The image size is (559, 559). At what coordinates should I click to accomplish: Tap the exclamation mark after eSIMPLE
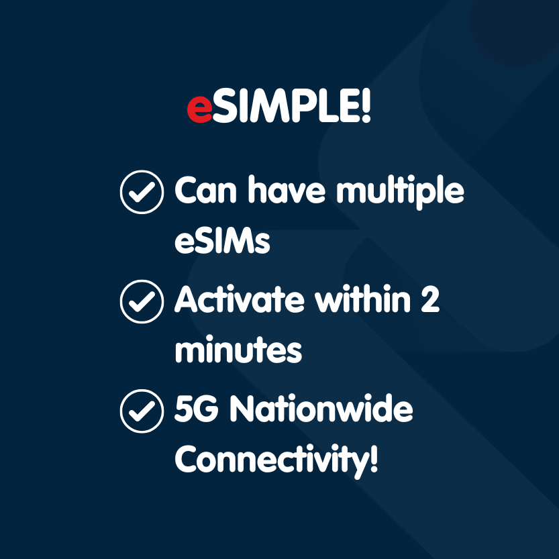point(365,107)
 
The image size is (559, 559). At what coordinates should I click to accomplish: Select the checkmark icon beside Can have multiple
point(142,192)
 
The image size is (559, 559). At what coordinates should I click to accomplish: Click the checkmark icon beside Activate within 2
point(142,301)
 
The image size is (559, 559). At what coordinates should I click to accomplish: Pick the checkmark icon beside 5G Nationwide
point(142,411)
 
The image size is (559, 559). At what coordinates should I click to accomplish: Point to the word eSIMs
point(222,242)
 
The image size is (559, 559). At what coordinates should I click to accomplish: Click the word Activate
point(241,301)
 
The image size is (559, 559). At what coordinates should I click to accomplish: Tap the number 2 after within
point(429,301)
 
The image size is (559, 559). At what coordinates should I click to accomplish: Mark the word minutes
point(238,350)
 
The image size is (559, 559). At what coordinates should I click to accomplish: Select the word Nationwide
point(321,410)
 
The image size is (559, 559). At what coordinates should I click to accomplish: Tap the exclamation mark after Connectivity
point(373,460)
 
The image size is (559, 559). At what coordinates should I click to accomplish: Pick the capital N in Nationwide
point(242,410)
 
